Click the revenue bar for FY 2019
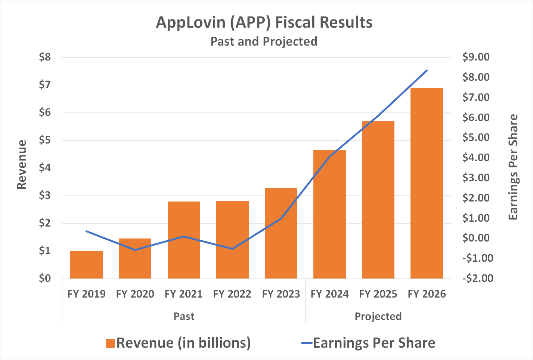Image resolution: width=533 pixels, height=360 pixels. (86, 265)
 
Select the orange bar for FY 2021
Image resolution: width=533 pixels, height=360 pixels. (184, 240)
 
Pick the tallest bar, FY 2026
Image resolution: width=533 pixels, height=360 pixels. (427, 183)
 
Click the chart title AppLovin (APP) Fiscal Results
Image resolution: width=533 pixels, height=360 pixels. (264, 22)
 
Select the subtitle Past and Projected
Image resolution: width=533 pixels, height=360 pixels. (264, 41)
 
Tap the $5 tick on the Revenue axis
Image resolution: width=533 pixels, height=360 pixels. (45, 140)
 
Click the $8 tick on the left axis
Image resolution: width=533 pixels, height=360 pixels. (45, 57)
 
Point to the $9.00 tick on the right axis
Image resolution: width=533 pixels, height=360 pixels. (475, 57)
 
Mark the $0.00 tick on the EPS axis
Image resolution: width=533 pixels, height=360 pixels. (475, 238)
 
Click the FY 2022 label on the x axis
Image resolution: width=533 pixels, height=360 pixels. (232, 294)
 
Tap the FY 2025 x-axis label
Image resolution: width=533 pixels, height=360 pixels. (378, 294)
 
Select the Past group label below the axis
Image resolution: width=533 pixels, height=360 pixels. (184, 316)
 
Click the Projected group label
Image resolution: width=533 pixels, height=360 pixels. (378, 316)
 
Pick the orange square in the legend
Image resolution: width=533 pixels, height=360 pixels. (110, 343)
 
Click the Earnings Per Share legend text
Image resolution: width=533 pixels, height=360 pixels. (374, 343)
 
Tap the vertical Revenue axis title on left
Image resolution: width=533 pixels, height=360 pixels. (22, 164)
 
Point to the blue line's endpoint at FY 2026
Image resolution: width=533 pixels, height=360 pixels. (427, 70)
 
